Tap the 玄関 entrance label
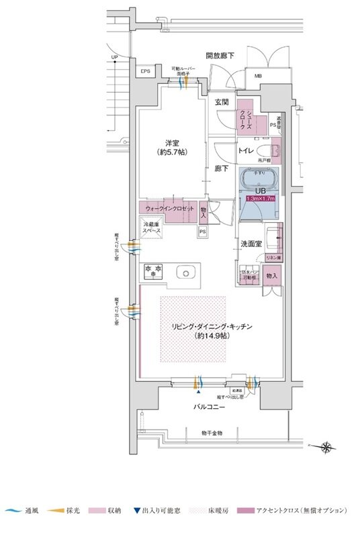222,102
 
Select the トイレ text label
245,152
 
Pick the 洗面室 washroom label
251,245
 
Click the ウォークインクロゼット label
167,207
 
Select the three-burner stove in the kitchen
153,271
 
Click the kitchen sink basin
185,272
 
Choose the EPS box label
145,71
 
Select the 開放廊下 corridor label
220,55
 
